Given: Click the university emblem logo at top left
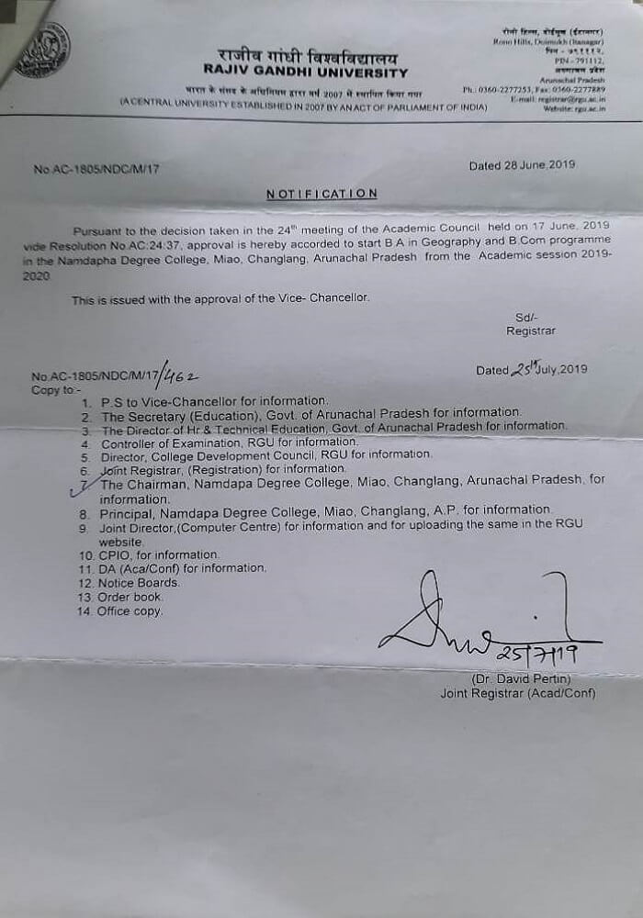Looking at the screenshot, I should coord(42,50).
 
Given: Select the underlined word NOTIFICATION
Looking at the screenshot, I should coord(321,194).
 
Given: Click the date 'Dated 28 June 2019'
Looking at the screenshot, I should coord(522,165).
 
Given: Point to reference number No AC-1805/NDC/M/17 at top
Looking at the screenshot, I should coord(102,170).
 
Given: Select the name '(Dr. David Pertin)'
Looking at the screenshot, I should coord(522,678).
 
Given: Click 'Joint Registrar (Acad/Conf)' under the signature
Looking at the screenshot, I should coord(517,693).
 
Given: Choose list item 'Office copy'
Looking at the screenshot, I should coord(130,610).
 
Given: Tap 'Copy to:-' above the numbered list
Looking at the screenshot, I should coord(56,389).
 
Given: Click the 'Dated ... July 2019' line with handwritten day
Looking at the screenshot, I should coord(530,370).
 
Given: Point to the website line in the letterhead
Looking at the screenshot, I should coord(577,108).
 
